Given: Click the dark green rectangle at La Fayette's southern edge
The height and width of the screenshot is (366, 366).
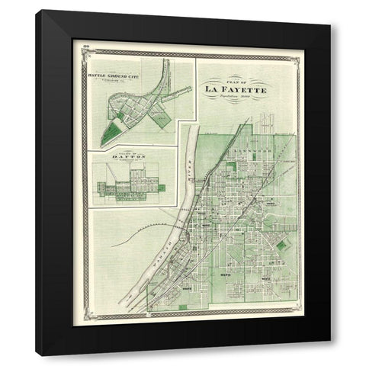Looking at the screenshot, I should [183, 307].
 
